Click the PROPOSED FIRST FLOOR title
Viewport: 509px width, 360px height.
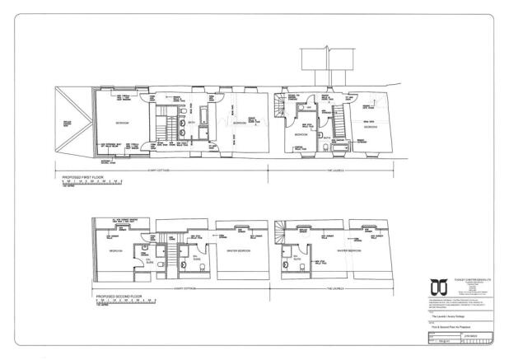(83, 176)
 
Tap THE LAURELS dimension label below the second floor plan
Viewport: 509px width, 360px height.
(339, 289)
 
